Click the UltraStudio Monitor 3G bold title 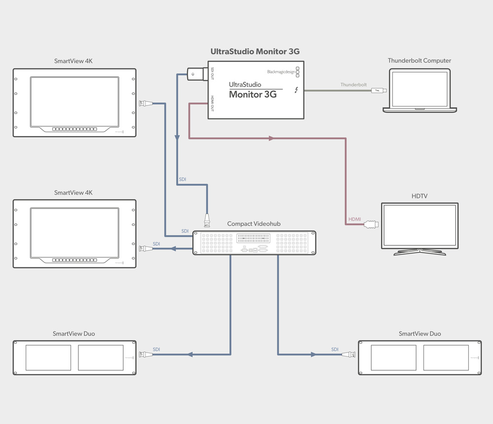click(x=255, y=51)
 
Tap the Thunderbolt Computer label click(x=419, y=61)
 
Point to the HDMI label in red click(x=354, y=219)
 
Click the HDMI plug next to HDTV click(x=371, y=225)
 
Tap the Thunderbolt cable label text click(x=353, y=85)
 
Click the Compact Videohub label click(x=253, y=224)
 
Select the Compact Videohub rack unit click(x=254, y=243)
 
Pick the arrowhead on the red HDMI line click(x=271, y=139)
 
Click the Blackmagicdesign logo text click(x=281, y=72)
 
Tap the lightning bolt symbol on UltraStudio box click(x=296, y=90)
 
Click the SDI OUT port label click(x=212, y=74)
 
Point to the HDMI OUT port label click(x=212, y=103)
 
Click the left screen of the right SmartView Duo click(x=393, y=358)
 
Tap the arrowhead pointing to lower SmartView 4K click(x=173, y=248)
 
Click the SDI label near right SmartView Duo click(x=335, y=350)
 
